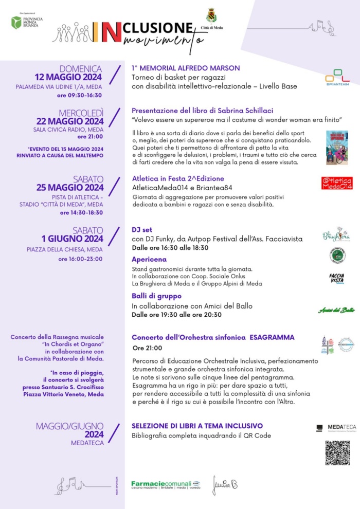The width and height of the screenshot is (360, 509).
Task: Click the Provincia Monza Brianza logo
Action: point(27,22)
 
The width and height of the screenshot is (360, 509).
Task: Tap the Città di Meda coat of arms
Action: point(211,15)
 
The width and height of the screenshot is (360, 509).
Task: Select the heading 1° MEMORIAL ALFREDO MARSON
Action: point(186,68)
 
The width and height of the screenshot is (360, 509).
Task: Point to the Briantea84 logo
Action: point(337,78)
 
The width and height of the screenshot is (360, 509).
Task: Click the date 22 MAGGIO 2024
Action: point(69,121)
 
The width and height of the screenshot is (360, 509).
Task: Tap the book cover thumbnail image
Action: point(336,148)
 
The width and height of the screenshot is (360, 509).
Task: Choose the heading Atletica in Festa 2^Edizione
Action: point(178,178)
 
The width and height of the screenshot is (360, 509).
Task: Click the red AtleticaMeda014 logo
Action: point(337,183)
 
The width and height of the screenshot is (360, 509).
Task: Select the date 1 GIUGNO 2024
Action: point(73,239)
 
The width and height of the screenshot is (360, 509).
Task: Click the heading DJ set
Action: point(142,229)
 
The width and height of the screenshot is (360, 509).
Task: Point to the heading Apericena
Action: point(149,260)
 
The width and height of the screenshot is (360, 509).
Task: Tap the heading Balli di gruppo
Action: point(156,296)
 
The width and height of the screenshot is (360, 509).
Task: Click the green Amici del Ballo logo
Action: point(336,310)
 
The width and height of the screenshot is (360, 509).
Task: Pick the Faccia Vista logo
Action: point(337,278)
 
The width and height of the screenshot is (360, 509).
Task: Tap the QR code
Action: point(337,452)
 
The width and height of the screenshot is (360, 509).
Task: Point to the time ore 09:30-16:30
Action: point(79,95)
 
